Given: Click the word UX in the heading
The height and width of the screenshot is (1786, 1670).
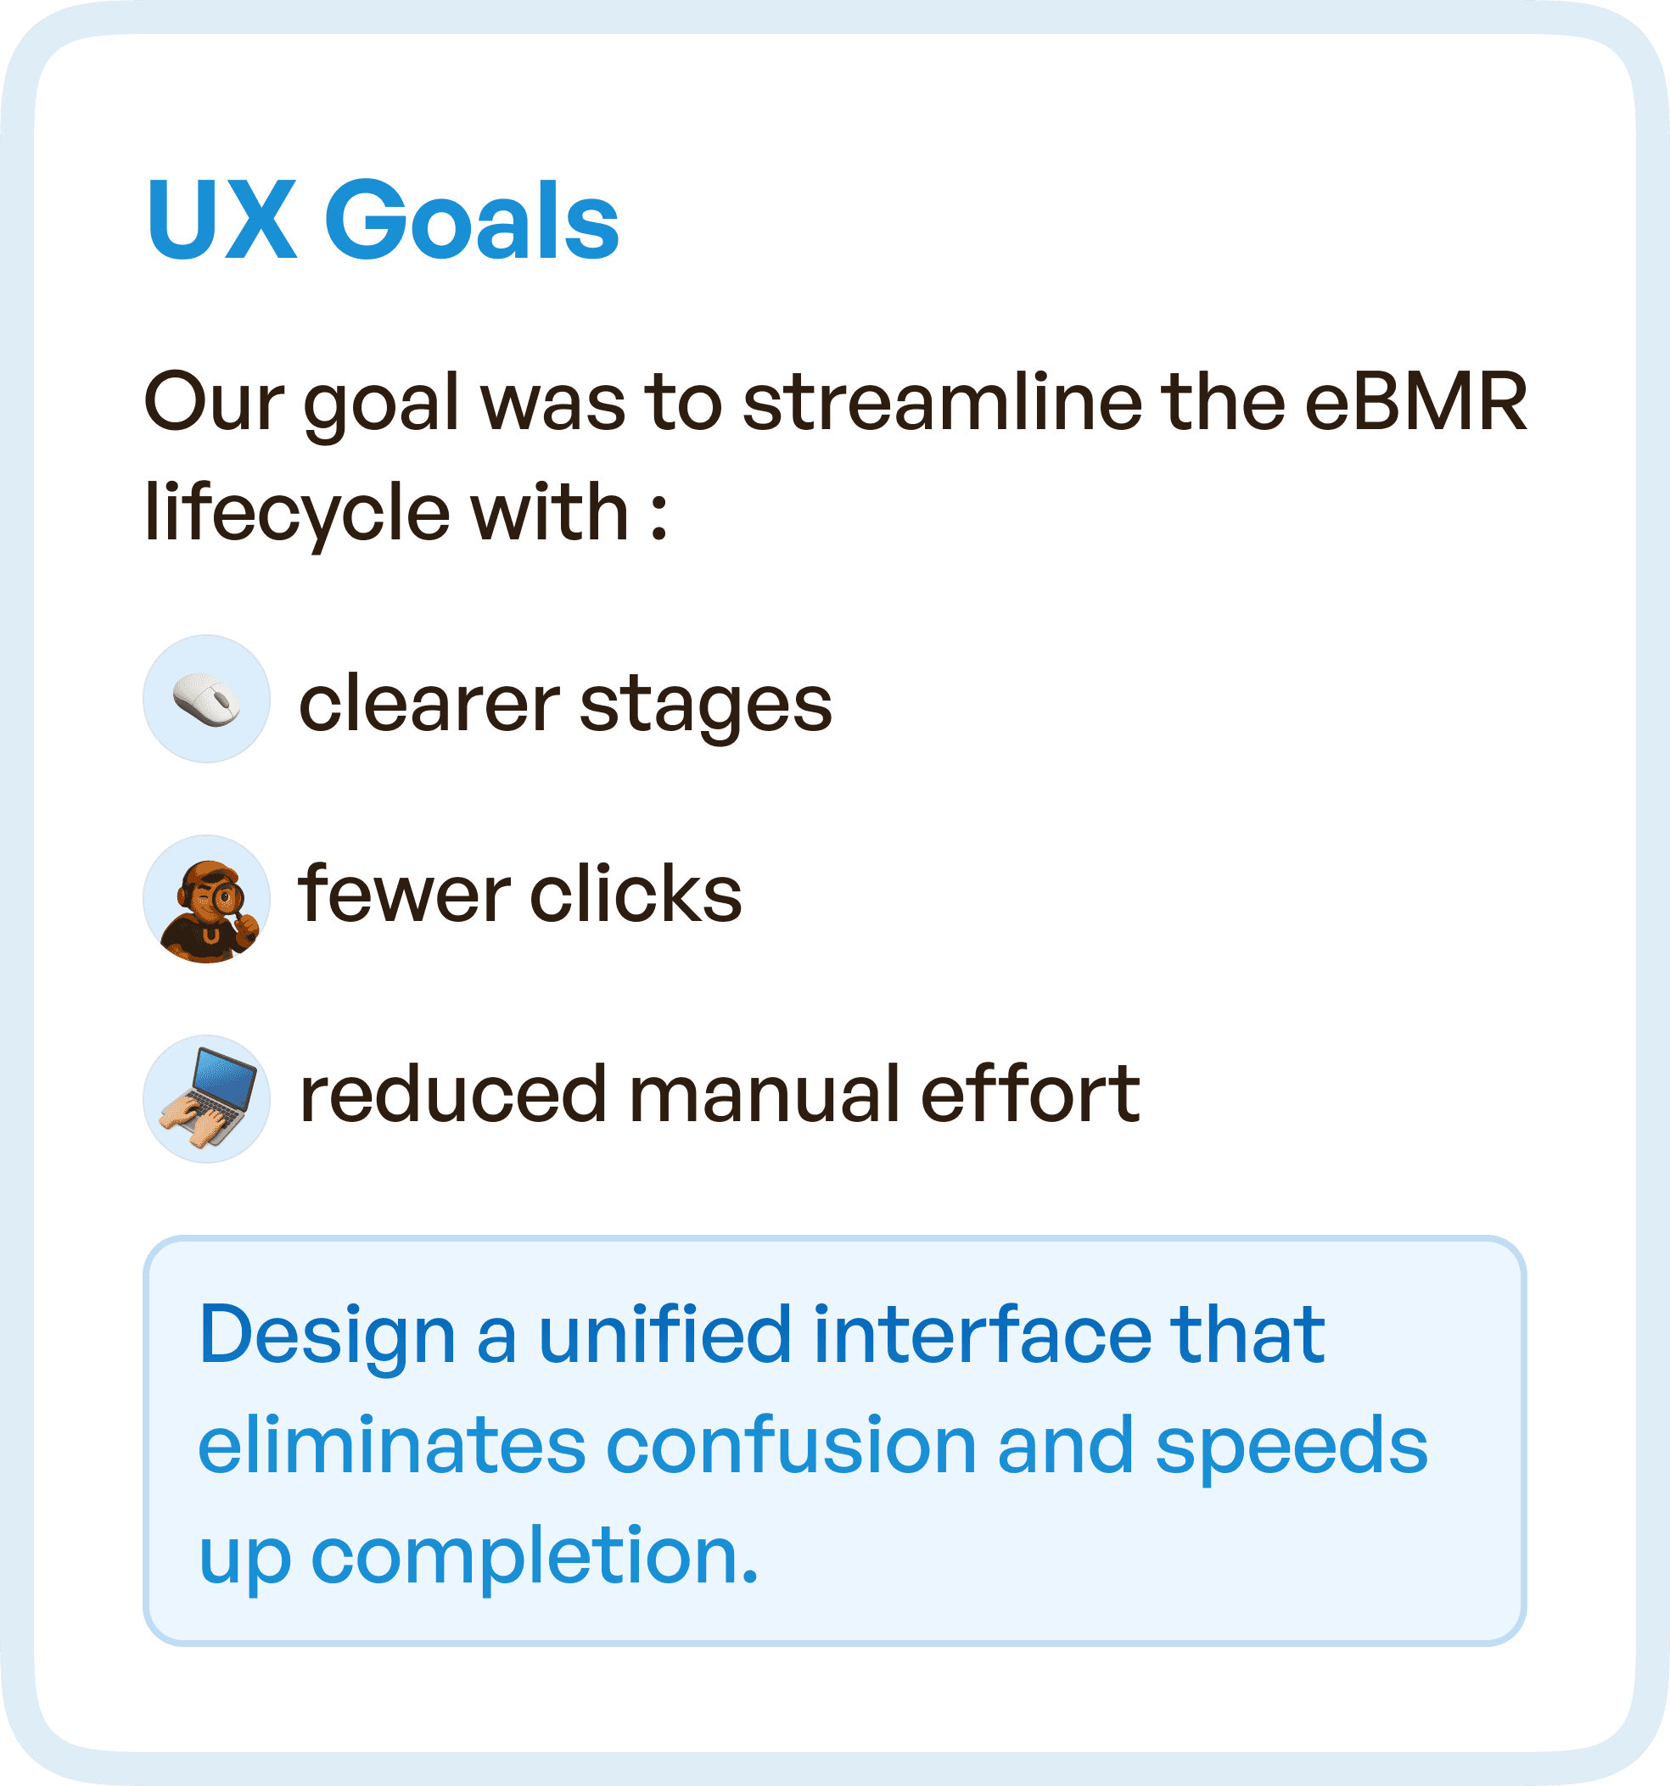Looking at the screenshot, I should pyautogui.click(x=221, y=220).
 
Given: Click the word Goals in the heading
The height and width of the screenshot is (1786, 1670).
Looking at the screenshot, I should pyautogui.click(x=471, y=220).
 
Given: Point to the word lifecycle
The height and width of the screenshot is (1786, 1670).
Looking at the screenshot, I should pyautogui.click(x=297, y=514).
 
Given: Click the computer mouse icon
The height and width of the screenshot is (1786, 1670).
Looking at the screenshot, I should pyautogui.click(x=207, y=699).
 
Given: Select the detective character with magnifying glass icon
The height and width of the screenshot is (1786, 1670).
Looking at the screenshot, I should pyautogui.click(x=207, y=899).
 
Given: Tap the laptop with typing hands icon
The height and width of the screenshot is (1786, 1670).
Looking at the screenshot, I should pyautogui.click(x=207, y=1099).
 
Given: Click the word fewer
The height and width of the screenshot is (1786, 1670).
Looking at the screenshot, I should pyautogui.click(x=405, y=894).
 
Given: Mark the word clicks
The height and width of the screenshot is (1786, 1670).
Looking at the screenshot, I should pyautogui.click(x=636, y=894).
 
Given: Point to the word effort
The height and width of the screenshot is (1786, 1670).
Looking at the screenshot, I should pyautogui.click(x=1031, y=1093).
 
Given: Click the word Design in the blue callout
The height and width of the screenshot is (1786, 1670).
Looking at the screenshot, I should pyautogui.click(x=328, y=1337).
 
